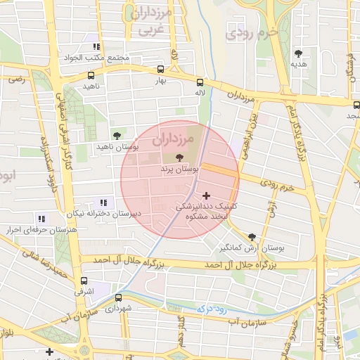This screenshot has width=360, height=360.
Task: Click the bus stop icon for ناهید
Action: coord(91,75)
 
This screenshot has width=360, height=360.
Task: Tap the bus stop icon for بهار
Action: coord(161,70)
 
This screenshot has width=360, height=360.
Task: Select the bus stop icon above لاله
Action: coord(200,82)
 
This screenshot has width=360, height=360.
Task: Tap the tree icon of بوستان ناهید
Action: coord(117,136)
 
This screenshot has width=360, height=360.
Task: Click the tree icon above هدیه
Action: coord(299,53)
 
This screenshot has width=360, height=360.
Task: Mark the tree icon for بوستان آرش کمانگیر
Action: coord(252,237)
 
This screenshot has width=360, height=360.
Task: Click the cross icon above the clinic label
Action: coord(205,195)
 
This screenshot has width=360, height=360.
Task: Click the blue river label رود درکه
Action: coord(210,307)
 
